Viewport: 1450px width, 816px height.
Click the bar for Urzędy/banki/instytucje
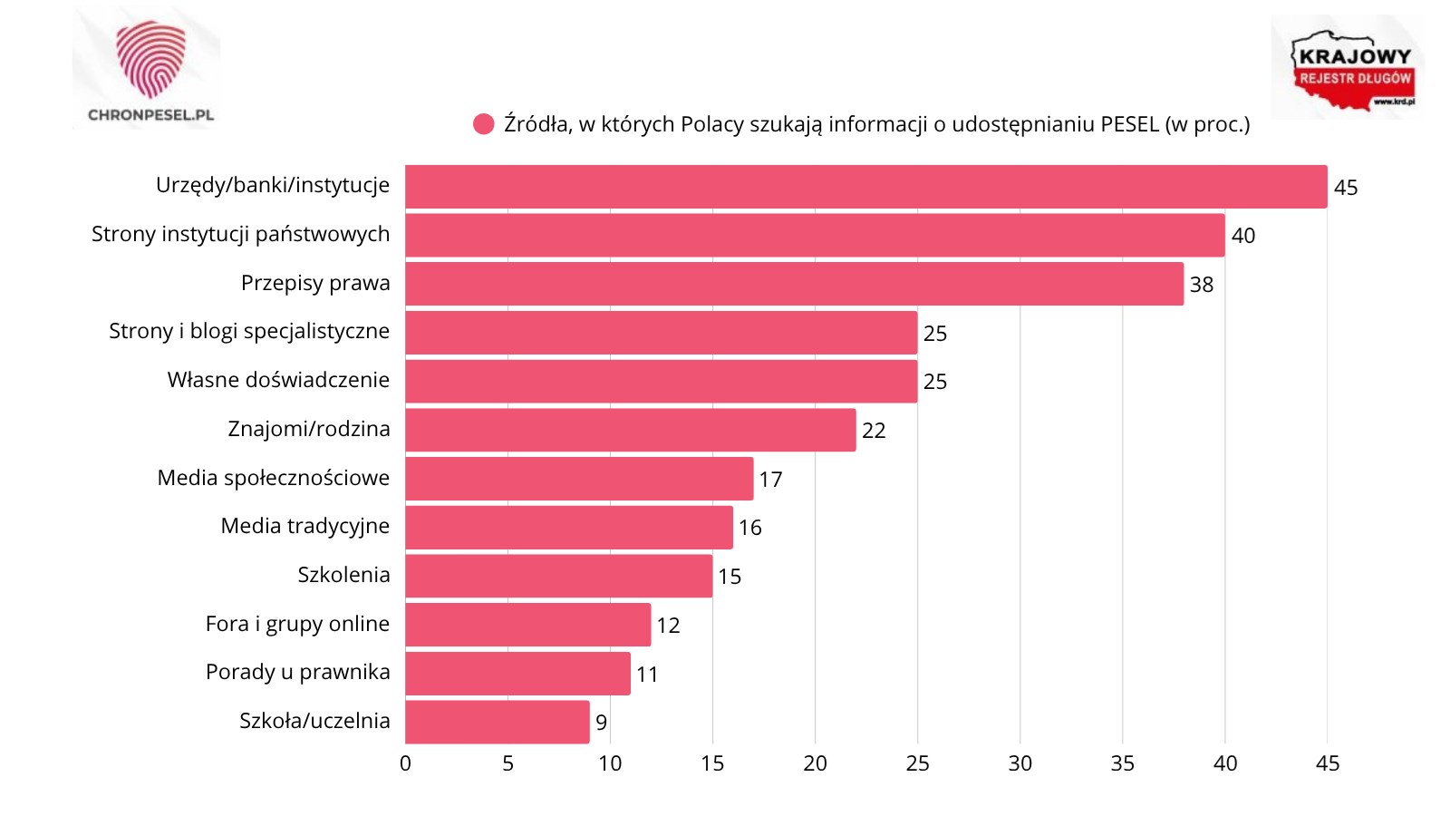[865, 187]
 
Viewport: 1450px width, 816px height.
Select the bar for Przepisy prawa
[794, 284]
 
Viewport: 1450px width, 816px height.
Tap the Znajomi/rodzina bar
[630, 430]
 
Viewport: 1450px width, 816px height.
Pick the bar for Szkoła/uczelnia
[497, 722]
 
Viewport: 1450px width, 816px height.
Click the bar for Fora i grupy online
[527, 625]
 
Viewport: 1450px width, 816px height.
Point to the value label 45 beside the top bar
[1346, 188]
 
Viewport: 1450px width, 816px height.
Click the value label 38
[1202, 285]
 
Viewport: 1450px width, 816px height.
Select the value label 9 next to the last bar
[602, 723]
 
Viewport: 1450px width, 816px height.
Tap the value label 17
[770, 480]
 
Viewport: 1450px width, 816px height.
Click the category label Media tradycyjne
[305, 526]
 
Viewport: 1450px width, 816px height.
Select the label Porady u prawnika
[298, 672]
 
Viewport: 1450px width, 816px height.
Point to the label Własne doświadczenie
[278, 380]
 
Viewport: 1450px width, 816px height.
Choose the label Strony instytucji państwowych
[240, 234]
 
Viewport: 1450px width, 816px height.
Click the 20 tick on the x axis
[815, 763]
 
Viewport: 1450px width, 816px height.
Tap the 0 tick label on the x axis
[405, 763]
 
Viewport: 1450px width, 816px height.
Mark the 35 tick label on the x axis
[1122, 763]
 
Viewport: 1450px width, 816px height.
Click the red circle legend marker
[484, 124]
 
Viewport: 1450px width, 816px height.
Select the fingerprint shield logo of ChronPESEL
[150, 59]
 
